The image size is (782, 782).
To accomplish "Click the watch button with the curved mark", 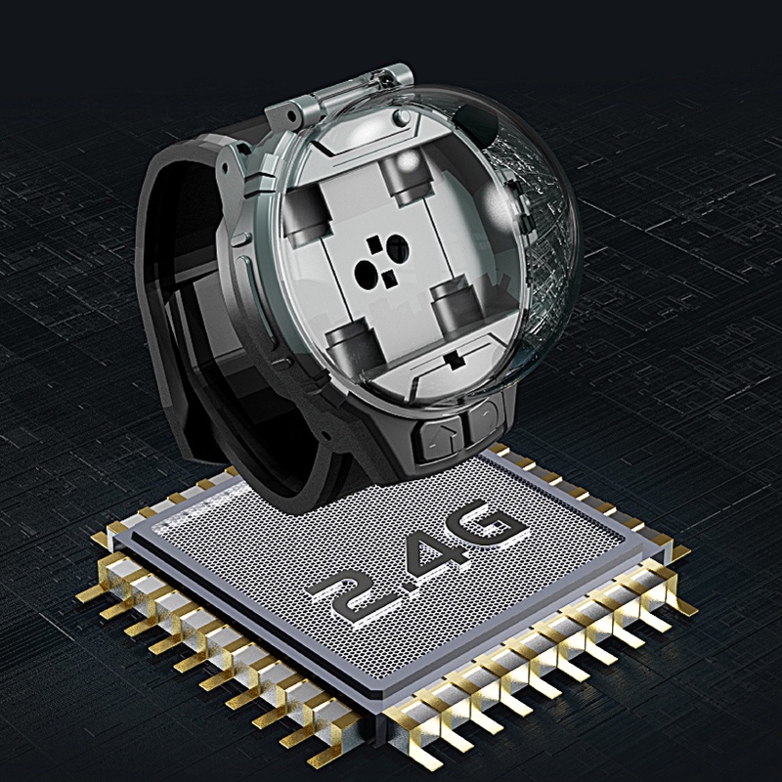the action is pyautogui.click(x=482, y=418).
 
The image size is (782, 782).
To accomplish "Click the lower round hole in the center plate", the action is pyautogui.click(x=365, y=274).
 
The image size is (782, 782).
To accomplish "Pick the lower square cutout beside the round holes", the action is pyautogui.click(x=387, y=278).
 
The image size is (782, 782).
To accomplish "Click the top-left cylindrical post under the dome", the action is pyautogui.click(x=303, y=213).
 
